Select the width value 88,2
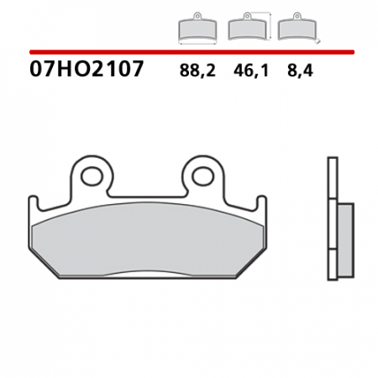pos(197,71)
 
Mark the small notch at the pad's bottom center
pos(147,275)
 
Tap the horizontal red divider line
pos(189,52)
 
